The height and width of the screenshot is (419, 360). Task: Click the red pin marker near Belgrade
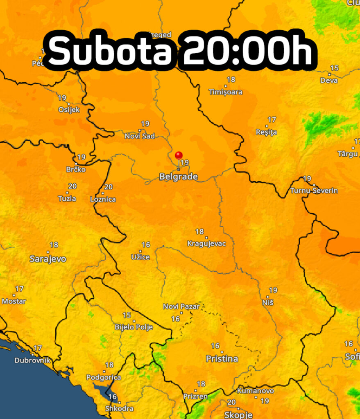(179, 155)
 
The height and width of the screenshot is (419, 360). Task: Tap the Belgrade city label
(178, 177)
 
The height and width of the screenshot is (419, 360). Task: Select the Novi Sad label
(140, 136)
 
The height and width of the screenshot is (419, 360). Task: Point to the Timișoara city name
(225, 92)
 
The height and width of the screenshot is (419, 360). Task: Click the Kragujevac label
(206, 244)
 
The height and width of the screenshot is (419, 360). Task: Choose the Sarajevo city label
(48, 259)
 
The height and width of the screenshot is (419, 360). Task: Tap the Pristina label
(222, 359)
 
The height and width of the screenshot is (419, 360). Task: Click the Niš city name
(267, 302)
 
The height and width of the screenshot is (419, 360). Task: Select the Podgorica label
(104, 377)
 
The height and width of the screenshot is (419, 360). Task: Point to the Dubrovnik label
(32, 360)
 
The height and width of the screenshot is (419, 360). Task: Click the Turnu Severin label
(314, 191)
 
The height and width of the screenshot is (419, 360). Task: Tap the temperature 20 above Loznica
(109, 187)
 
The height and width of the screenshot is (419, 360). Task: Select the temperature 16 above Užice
(146, 245)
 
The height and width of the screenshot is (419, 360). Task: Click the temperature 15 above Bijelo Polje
(127, 315)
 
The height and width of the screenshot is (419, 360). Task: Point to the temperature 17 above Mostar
(19, 289)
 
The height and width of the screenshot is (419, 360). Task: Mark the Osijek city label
(69, 110)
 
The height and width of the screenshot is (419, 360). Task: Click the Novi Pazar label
(181, 306)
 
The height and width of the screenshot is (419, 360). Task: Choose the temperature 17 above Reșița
(272, 119)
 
